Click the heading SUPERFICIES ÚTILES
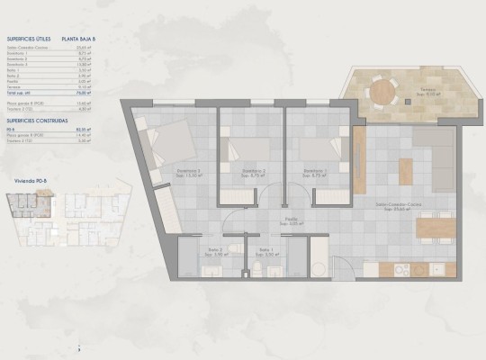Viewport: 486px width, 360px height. click(27, 40)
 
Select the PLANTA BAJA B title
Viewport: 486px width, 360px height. click(79, 40)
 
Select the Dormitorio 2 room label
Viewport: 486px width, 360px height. click(253, 171)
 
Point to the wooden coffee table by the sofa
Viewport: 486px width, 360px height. click(406, 168)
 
